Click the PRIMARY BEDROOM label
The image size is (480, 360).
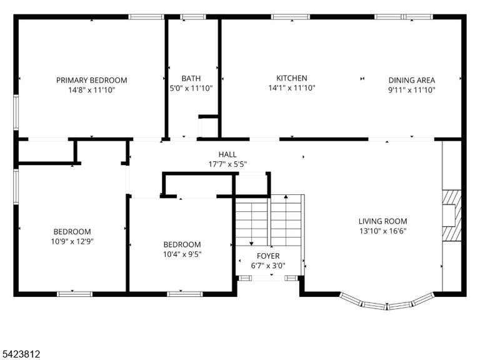pyautogui.click(x=91, y=80)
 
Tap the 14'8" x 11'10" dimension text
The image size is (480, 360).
pyautogui.click(x=91, y=90)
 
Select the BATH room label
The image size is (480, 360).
pyautogui.click(x=191, y=78)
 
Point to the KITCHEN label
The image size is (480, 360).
pyautogui.click(x=292, y=78)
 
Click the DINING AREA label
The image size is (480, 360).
pyautogui.click(x=412, y=80)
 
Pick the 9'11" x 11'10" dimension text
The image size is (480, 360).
pyautogui.click(x=412, y=90)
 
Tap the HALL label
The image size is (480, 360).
pyautogui.click(x=227, y=154)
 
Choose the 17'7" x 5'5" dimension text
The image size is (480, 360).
pyautogui.click(x=227, y=164)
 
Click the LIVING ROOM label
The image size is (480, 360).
pyautogui.click(x=383, y=221)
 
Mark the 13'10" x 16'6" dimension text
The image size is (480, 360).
pyautogui.click(x=383, y=231)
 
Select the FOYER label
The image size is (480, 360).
pyautogui.click(x=268, y=256)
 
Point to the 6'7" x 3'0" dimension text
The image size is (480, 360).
pyautogui.click(x=268, y=266)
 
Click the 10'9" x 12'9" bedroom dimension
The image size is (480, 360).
pyautogui.click(x=72, y=241)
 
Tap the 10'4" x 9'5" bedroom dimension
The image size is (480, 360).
pyautogui.click(x=182, y=254)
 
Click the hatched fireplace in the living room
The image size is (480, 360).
pyautogui.click(x=452, y=216)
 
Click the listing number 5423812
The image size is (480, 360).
pyautogui.click(x=20, y=354)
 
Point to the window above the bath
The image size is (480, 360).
pyautogui.click(x=193, y=17)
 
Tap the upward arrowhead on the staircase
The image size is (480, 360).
pyautogui.click(x=286, y=197)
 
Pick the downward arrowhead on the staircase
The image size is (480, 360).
pyautogui.click(x=251, y=244)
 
